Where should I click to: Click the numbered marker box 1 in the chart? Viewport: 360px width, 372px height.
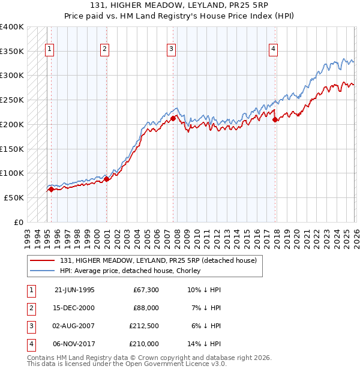click(49, 49)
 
